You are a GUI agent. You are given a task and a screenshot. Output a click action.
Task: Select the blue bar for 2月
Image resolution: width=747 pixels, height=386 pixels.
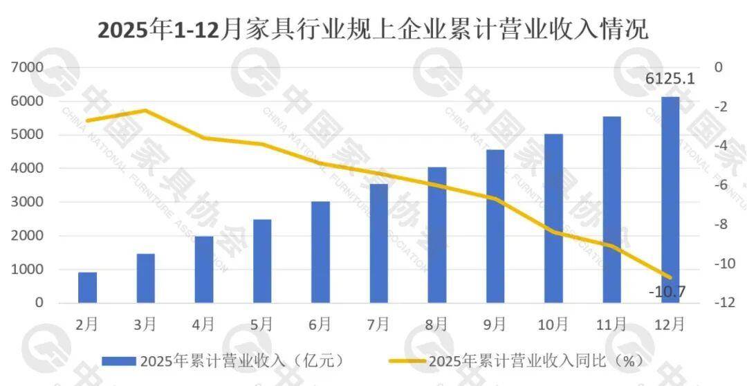(87, 288)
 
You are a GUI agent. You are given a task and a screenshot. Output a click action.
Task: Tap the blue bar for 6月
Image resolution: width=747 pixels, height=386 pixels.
(320, 252)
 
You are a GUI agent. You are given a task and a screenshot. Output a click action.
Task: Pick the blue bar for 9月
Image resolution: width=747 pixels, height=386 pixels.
(495, 226)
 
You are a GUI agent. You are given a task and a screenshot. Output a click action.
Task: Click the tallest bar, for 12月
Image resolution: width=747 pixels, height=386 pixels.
(670, 200)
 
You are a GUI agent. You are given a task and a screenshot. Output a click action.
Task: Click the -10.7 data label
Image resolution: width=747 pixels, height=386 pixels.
(667, 291)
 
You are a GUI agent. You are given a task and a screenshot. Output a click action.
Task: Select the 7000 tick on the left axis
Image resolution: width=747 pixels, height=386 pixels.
(27, 67)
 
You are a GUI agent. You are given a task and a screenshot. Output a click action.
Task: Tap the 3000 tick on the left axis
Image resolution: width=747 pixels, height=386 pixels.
(27, 202)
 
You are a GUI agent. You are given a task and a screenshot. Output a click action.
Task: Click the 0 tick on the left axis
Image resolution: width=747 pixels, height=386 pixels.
(39, 303)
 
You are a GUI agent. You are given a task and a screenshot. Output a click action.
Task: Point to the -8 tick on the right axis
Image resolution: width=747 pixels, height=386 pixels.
(720, 224)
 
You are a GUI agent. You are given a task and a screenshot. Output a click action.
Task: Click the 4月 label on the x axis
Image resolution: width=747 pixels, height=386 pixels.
(203, 324)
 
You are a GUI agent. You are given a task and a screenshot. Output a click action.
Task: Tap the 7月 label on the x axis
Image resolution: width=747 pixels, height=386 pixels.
(378, 324)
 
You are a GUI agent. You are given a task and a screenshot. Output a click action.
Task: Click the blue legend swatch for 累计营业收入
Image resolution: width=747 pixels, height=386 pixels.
(118, 360)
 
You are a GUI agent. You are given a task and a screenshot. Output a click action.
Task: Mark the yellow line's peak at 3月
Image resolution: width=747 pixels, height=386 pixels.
(145, 111)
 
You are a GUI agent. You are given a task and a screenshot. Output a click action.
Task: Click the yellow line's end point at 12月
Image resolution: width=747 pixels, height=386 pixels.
(670, 277)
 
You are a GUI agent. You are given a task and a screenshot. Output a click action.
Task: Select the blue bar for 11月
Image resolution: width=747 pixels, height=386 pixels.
(611, 210)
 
